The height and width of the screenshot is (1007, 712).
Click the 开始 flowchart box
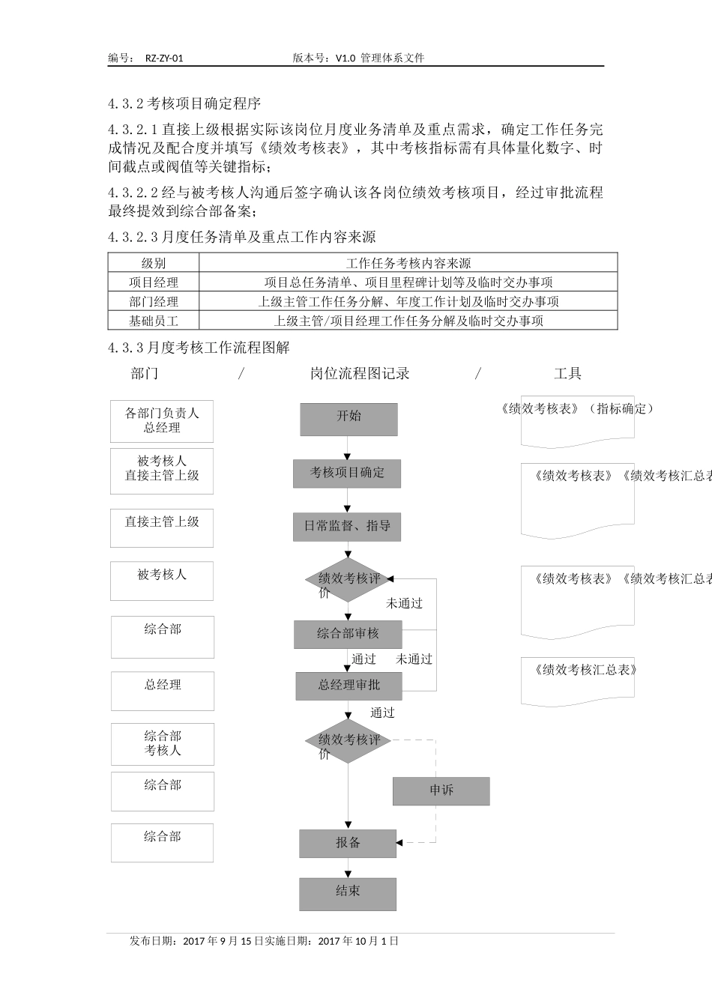pyautogui.click(x=349, y=420)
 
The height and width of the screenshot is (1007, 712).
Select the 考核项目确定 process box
pyautogui.click(x=347, y=474)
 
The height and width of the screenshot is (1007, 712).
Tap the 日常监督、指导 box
pyautogui.click(x=347, y=527)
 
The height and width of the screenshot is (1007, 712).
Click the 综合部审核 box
pyautogui.click(x=348, y=635)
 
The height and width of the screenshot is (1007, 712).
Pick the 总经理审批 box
pyautogui.click(x=349, y=686)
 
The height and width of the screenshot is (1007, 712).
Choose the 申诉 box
pyautogui.click(x=441, y=791)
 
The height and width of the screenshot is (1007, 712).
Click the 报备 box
pyautogui.click(x=348, y=844)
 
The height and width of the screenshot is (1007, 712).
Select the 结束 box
pyautogui.click(x=348, y=894)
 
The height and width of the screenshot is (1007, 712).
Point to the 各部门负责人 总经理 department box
pyautogui.click(x=162, y=421)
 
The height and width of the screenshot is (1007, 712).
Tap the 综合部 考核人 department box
pyautogui.click(x=163, y=744)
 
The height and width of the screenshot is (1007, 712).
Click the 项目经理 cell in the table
pyautogui.click(x=154, y=282)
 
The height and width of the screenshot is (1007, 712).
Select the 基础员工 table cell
pyautogui.click(x=154, y=321)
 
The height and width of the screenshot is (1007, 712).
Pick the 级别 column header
pyautogui.click(x=154, y=263)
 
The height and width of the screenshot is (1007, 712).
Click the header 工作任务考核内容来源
pyautogui.click(x=408, y=263)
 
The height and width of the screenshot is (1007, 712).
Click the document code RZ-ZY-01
pyautogui.click(x=164, y=58)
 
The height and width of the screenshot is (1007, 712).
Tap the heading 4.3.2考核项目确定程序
pyautogui.click(x=184, y=103)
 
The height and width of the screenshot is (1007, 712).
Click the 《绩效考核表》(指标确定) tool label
pyautogui.click(x=576, y=409)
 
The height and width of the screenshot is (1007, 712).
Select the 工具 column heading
pyautogui.click(x=567, y=374)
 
